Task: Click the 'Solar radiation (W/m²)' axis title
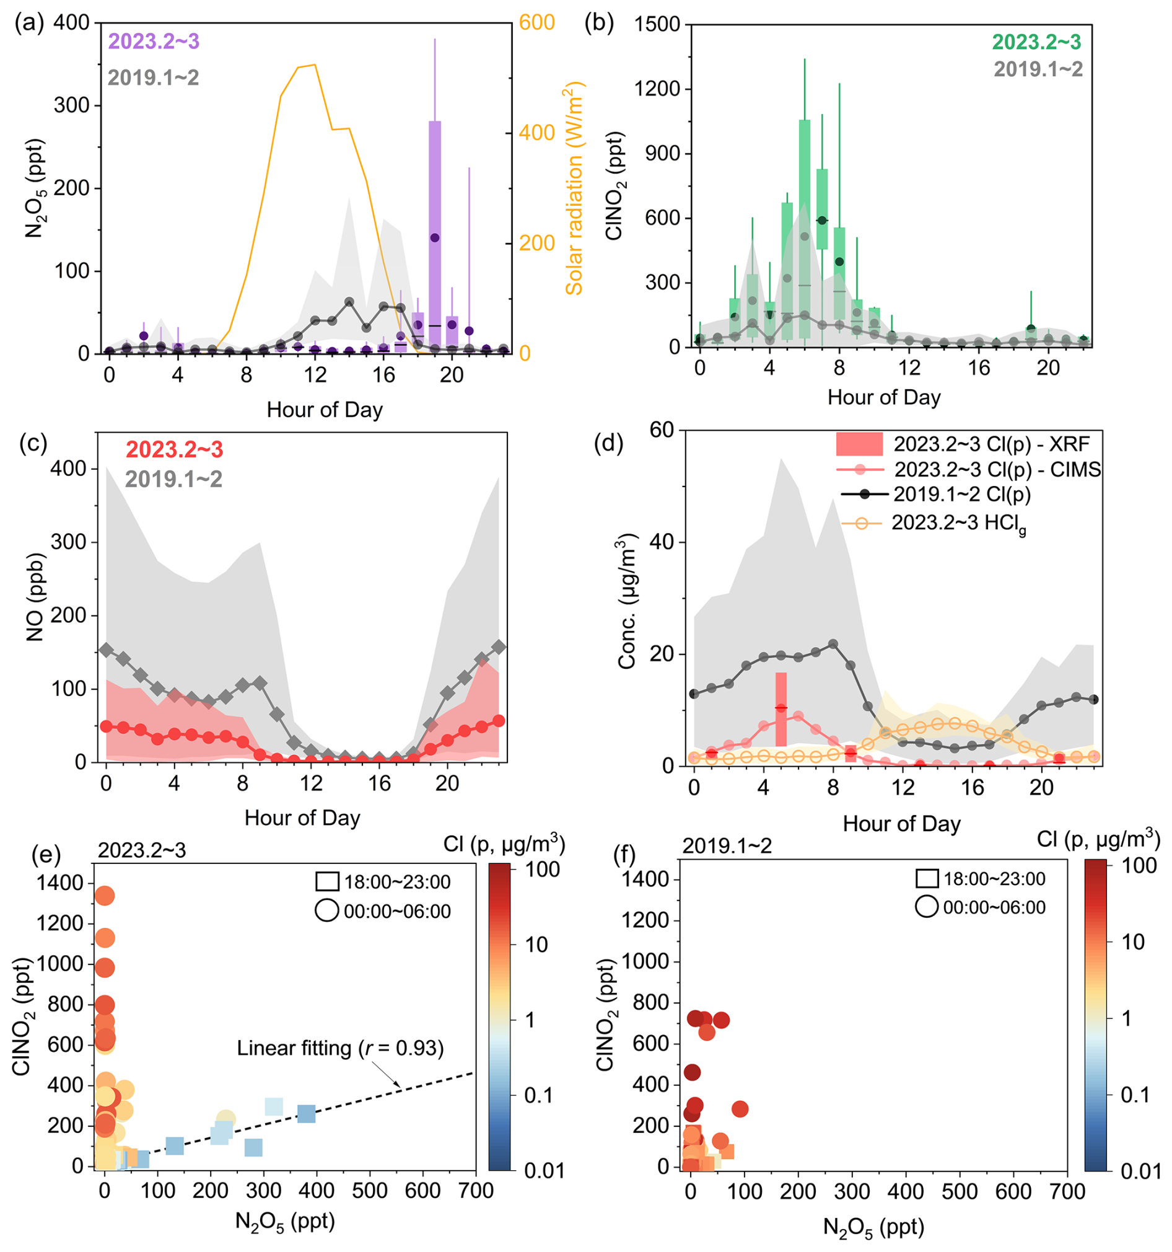(574, 188)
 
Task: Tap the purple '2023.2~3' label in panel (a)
(154, 41)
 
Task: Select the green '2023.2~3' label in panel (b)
(1037, 42)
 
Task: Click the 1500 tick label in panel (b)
(657, 25)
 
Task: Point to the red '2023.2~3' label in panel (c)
(174, 449)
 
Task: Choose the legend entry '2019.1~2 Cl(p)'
(935, 494)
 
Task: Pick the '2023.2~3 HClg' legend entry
(934, 523)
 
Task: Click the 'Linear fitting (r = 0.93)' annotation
(341, 1048)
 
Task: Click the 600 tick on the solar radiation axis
(536, 23)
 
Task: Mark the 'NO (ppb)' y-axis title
(35, 597)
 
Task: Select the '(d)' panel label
(608, 443)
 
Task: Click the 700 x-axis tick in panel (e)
(476, 1190)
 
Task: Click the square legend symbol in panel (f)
(927, 878)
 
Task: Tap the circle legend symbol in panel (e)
(327, 910)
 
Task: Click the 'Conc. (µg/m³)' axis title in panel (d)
(627, 601)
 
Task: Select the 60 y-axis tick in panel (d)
(661, 431)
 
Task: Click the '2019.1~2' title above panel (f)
(727, 846)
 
